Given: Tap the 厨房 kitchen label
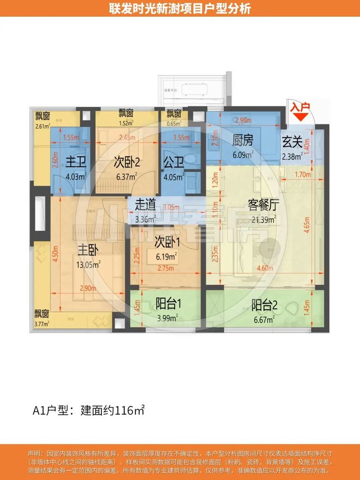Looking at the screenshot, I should pyautogui.click(x=241, y=141).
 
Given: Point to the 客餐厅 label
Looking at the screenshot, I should pyautogui.click(x=263, y=205).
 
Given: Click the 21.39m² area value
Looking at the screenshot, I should pyautogui.click(x=263, y=219).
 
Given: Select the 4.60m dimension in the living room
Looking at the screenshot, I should pyautogui.click(x=264, y=268).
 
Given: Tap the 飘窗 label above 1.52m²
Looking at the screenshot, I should pyautogui.click(x=126, y=113).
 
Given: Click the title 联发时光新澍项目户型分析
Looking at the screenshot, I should pyautogui.click(x=180, y=9).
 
